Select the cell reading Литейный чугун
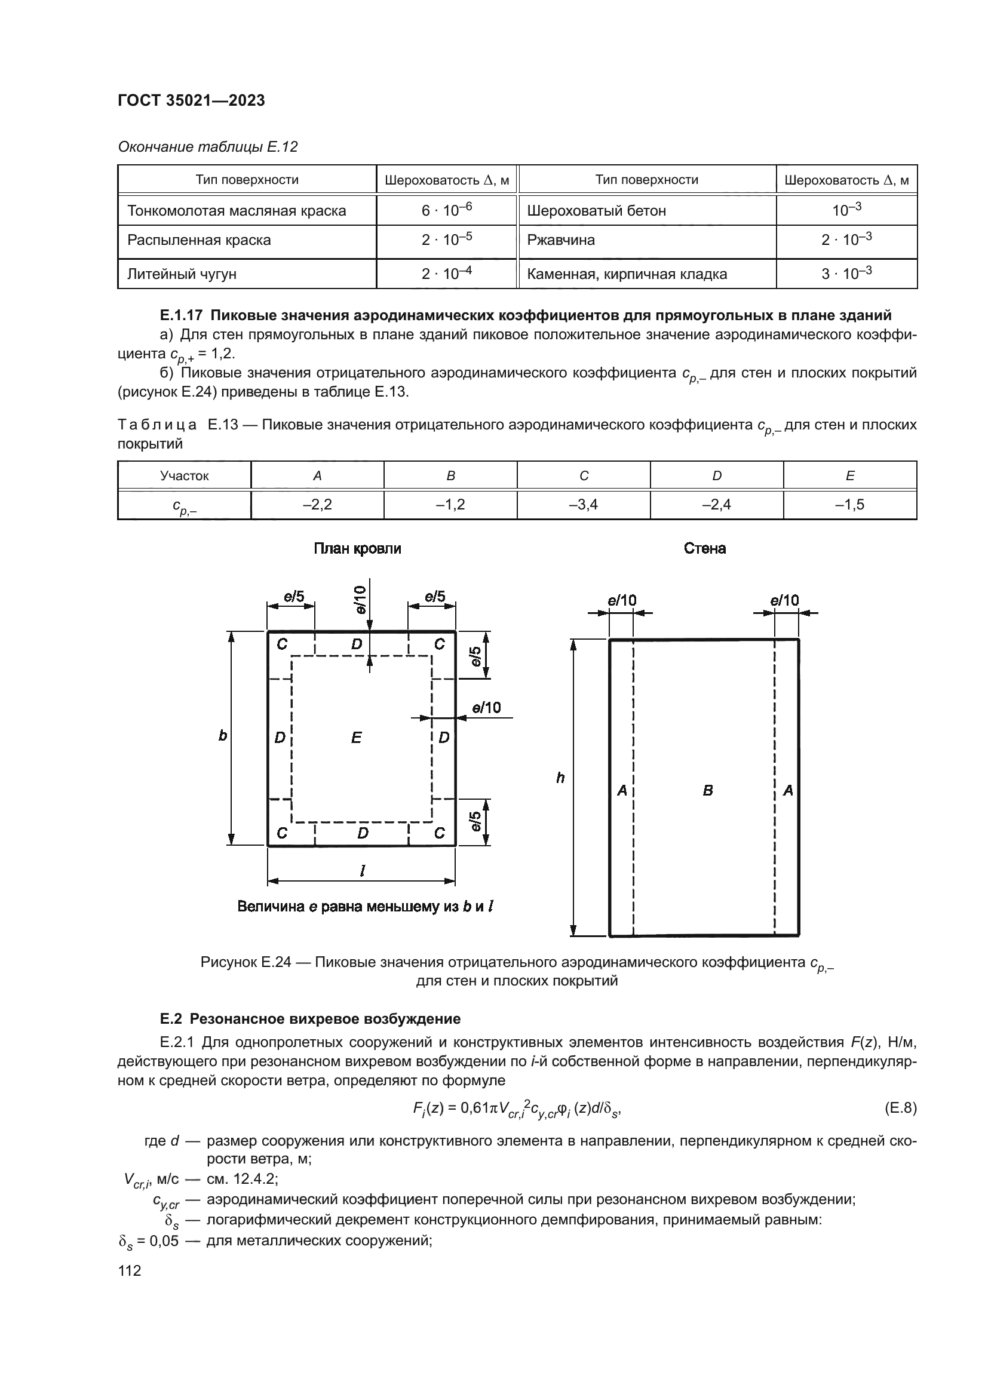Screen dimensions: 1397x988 tap(182, 274)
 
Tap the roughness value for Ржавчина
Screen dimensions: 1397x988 tap(846, 240)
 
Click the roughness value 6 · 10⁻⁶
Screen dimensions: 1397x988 tap(447, 210)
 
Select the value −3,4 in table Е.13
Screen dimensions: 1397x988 tap(584, 505)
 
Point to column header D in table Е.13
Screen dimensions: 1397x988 tap(717, 476)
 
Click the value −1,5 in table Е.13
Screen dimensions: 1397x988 tap(850, 505)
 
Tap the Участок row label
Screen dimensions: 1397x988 tap(185, 476)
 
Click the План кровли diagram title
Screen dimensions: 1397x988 tap(357, 549)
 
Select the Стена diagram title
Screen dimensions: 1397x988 tap(704, 549)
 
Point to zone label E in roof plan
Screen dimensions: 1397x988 tap(357, 738)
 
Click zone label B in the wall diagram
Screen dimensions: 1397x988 tap(707, 791)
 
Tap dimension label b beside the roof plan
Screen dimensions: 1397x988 tap(223, 736)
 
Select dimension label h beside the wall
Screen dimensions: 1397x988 tap(560, 778)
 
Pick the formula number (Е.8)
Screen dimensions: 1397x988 tap(900, 1108)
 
